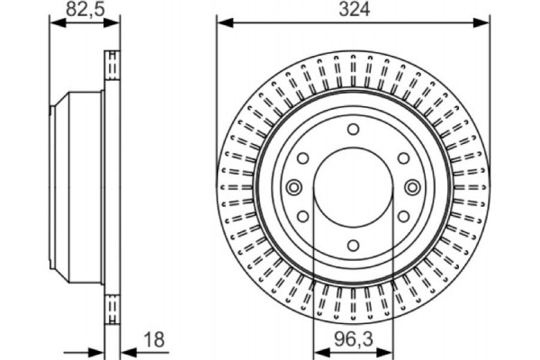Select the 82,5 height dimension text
coord(83,10)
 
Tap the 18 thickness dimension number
coord(155,340)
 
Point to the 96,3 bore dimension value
coord(352,340)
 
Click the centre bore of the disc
coord(352,186)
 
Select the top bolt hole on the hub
coord(352,131)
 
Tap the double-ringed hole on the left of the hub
coord(292,186)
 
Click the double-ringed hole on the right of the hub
coord(411,186)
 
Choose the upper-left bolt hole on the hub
coord(304,158)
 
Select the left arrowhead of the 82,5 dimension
coord(53,23)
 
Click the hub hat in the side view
coord(76,186)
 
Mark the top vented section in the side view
coord(112,67)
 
